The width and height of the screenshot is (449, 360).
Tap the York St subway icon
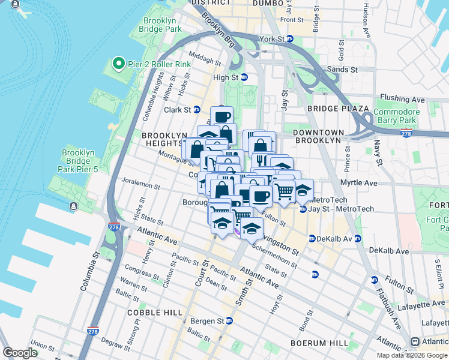click(289, 39)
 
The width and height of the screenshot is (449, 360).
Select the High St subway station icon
click(244, 77)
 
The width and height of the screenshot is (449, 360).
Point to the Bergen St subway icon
click(229, 321)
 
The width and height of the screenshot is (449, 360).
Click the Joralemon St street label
click(140, 187)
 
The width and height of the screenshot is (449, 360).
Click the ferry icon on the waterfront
click(73, 206)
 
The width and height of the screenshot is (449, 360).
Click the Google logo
click(21, 353)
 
